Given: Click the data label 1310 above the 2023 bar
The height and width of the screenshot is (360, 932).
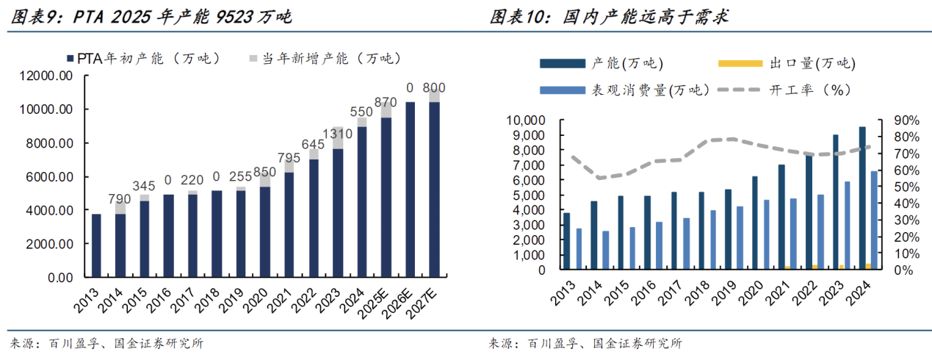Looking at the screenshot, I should (x=337, y=134).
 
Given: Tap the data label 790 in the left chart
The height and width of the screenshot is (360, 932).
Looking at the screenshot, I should (x=119, y=199).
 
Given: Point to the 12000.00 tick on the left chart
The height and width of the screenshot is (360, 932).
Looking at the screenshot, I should (x=46, y=76).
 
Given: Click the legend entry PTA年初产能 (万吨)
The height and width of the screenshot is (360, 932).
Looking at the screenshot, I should (x=144, y=58).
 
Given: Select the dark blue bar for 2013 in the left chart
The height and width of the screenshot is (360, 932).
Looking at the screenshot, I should (x=96, y=245).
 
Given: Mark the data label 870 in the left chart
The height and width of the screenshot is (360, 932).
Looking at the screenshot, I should (x=386, y=102).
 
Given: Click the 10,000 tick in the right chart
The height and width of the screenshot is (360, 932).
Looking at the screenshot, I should (x=525, y=120).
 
